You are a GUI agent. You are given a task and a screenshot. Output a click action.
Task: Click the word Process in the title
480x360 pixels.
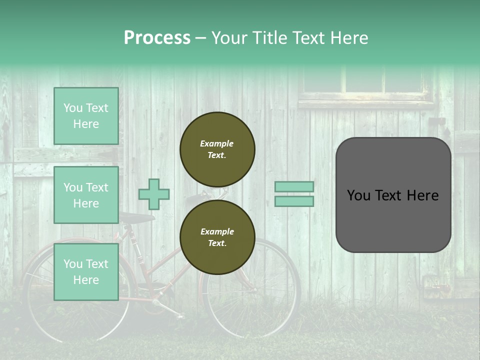pos(157,38)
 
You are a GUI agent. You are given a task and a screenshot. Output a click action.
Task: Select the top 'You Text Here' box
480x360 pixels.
pos(86,116)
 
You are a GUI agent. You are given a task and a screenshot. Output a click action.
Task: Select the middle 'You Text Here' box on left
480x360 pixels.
pos(86,195)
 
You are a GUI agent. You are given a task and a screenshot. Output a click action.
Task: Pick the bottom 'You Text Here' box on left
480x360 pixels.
pos(86,272)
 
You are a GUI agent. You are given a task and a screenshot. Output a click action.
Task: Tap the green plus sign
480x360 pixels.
pos(154,194)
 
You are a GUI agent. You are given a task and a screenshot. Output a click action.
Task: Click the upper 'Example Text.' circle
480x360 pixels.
pos(217,149)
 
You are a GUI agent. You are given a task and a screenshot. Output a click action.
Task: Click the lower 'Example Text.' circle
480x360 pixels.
pos(217,237)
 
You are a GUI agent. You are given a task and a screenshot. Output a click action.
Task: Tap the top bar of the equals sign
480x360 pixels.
pos(294,186)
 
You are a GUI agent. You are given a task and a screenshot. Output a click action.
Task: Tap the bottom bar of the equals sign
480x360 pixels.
pos(294,201)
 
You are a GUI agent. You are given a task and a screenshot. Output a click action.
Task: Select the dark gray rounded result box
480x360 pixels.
pos(393,195)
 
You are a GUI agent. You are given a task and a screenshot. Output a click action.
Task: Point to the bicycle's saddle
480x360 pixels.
pos(136,218)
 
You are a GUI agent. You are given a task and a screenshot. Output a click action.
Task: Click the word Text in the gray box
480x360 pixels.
pos(393,195)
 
